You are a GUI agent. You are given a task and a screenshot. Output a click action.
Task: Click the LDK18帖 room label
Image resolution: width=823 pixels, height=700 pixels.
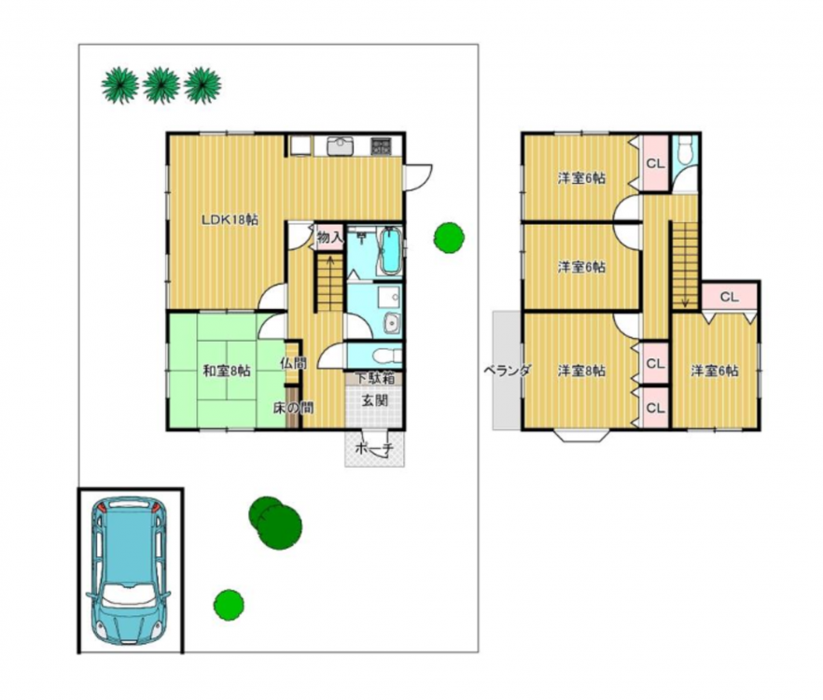tap(230, 220)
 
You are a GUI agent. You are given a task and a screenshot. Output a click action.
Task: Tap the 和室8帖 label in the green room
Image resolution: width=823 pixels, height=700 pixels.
tap(227, 371)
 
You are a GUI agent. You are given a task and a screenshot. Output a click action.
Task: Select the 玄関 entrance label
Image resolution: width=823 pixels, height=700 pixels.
tap(375, 400)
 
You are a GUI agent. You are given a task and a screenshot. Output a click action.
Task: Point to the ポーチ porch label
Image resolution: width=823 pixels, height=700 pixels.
tap(374, 448)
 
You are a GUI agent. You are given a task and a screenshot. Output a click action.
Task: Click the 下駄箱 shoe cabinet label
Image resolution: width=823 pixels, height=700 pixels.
tap(374, 378)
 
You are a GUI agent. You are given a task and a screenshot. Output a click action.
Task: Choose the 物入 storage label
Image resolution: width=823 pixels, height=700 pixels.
tap(329, 238)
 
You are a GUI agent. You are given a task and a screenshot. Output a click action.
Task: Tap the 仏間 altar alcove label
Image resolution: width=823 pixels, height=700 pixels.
tap(293, 363)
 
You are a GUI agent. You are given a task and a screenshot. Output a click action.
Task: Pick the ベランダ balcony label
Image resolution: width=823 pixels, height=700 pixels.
tap(507, 371)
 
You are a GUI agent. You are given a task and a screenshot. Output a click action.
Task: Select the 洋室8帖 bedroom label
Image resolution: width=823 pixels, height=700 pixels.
tap(581, 371)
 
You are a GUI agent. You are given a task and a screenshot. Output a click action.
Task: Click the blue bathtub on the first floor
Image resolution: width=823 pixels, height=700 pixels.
tap(390, 252)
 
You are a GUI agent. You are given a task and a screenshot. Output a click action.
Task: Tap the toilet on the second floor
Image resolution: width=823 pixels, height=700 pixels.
tap(685, 152)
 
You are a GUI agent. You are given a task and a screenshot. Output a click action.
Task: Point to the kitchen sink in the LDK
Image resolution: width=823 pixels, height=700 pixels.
tap(341, 146)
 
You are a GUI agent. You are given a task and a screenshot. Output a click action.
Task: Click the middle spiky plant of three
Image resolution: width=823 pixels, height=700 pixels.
tap(161, 85)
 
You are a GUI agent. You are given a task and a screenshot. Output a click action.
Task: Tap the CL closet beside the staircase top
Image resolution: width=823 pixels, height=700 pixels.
tap(729, 297)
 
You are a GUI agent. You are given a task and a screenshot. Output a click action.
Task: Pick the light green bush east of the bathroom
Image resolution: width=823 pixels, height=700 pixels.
tap(449, 237)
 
